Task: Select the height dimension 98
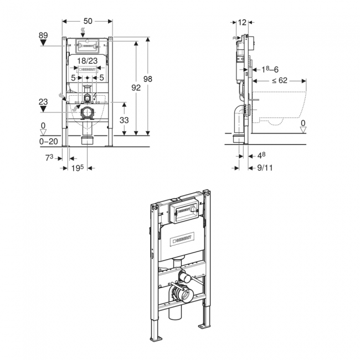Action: click(x=147, y=79)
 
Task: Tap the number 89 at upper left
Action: click(x=44, y=35)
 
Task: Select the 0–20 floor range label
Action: click(x=48, y=142)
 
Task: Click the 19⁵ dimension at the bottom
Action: click(x=78, y=167)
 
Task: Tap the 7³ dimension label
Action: click(x=48, y=158)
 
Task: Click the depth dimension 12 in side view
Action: click(x=243, y=22)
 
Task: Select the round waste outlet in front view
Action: click(x=87, y=114)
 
